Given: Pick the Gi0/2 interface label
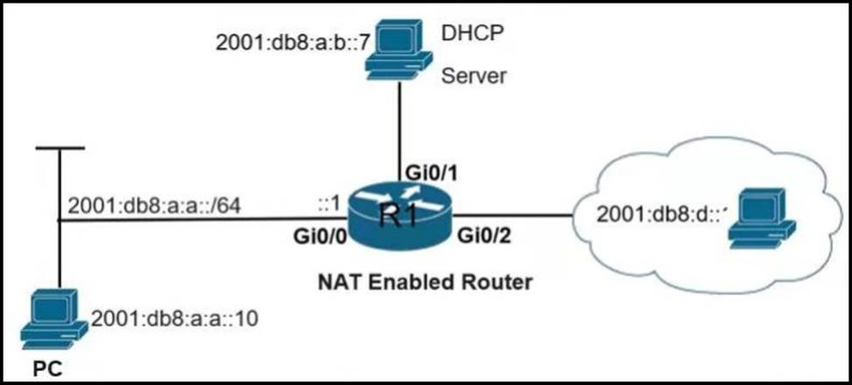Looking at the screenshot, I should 483,236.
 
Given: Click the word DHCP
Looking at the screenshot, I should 474,33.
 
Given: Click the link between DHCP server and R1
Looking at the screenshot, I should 400,122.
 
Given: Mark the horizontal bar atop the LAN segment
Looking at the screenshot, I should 59,149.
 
